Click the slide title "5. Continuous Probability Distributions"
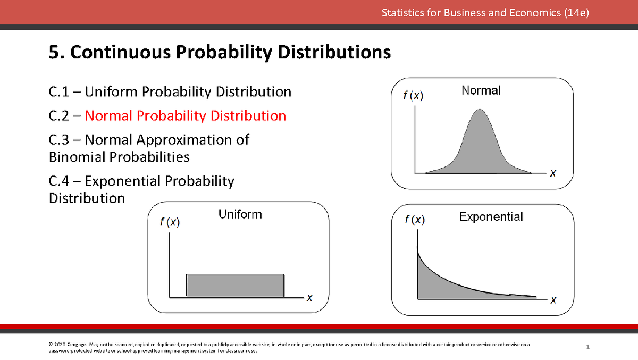220,53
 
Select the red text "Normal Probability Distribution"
186,116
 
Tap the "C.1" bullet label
58,91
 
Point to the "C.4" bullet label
58,181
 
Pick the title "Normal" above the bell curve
481,90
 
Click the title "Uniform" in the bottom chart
240,214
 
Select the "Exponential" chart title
491,217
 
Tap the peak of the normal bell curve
480,110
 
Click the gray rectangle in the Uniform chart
235,286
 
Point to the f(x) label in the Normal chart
413,95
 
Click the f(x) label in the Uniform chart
170,222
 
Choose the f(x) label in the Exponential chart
415,220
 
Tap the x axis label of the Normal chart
553,173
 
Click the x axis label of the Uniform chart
309,298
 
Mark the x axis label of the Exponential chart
553,300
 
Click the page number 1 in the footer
587,347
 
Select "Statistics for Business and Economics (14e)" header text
485,13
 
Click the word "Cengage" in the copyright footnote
77,345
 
